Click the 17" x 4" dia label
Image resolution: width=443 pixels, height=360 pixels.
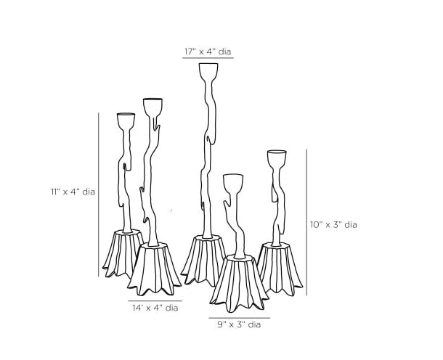point(208,52)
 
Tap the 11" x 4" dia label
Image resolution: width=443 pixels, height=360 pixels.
point(73,192)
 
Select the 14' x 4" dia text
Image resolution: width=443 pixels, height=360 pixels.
point(155,308)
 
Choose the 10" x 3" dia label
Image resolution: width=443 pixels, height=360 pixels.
point(334,225)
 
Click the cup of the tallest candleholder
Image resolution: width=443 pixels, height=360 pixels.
point(208,73)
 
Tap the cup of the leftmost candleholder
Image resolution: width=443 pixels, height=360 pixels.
point(126,120)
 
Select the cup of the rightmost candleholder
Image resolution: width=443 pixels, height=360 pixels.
point(277,159)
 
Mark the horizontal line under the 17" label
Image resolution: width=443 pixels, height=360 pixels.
point(208,58)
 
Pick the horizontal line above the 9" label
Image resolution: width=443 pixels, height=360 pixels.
point(239,318)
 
